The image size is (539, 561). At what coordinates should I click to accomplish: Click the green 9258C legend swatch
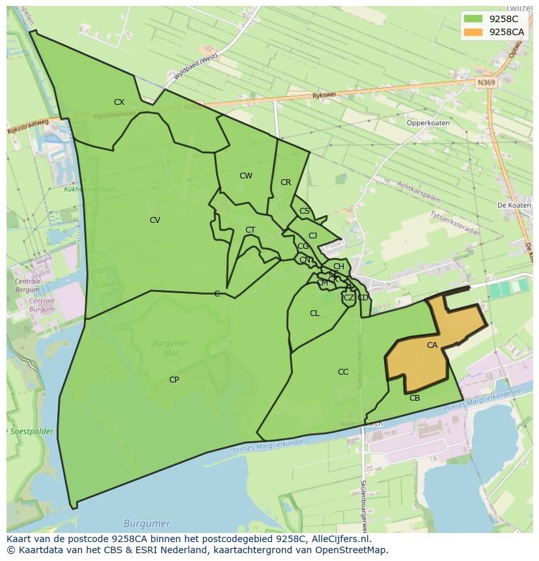tap(473, 19)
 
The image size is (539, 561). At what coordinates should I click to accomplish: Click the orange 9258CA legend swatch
tap(473, 32)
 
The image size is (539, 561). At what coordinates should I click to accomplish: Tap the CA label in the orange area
tap(432, 345)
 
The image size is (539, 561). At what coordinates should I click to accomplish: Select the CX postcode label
tap(119, 102)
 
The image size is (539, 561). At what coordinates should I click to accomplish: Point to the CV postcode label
tap(155, 220)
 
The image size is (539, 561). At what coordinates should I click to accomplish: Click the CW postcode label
tap(245, 176)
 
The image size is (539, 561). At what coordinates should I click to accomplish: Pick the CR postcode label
tap(286, 182)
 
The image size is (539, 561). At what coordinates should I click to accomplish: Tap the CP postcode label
tap(174, 380)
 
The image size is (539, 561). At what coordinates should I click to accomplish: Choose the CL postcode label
tap(314, 313)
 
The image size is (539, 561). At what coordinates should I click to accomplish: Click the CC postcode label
tap(343, 372)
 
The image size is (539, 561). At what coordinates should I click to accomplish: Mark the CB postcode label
tap(415, 398)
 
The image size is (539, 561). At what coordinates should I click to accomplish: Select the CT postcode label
tap(251, 230)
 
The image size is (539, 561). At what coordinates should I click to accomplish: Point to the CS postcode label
tap(305, 211)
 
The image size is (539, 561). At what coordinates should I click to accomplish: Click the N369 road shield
tap(485, 83)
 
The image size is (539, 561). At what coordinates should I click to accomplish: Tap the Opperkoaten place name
tap(428, 122)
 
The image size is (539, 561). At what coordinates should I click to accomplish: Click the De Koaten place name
tap(514, 205)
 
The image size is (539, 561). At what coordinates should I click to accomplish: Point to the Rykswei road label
tap(323, 95)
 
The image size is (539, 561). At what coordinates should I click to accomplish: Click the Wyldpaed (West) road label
tap(195, 67)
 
